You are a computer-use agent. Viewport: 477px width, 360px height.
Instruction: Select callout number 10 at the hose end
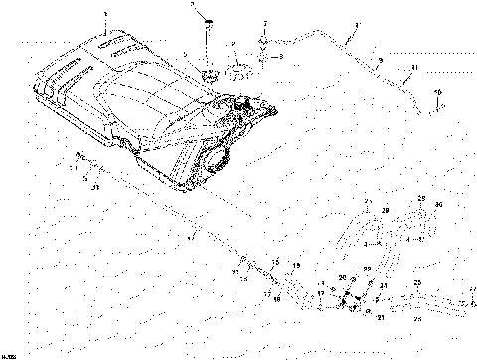point(436,92)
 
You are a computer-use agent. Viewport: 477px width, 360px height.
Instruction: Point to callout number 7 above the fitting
point(265,22)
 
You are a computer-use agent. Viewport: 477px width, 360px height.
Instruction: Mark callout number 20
point(342,279)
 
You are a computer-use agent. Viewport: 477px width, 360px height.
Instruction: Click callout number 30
point(439,203)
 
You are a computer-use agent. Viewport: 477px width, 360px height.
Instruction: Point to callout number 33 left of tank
point(94,186)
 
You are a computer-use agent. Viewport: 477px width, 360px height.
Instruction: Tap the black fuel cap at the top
point(209,20)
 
